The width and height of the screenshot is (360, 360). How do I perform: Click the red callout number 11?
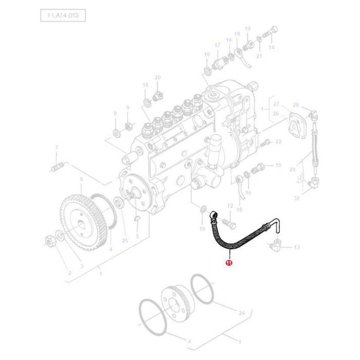pyautogui.click(x=229, y=263)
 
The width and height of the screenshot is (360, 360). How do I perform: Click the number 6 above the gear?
pyautogui.click(x=81, y=179)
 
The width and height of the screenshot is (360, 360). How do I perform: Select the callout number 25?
pyautogui.click(x=124, y=241)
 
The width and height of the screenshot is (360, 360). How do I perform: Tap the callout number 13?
pyautogui.click(x=296, y=247)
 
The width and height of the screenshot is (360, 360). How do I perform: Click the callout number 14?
pyautogui.click(x=272, y=47)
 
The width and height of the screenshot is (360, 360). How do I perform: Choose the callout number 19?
pyautogui.click(x=247, y=29)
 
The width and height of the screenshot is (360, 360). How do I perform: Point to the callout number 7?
pyautogui.click(x=57, y=148)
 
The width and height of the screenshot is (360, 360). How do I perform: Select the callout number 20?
pyautogui.click(x=158, y=78)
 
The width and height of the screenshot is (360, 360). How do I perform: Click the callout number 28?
pyautogui.click(x=296, y=105)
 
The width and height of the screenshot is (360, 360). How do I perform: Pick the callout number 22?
pyautogui.click(x=278, y=141)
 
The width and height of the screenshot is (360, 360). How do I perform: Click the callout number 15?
pyautogui.click(x=278, y=165)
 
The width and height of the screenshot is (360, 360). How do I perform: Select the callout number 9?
pyautogui.click(x=128, y=108)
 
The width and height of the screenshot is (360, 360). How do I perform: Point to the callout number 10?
pyautogui.click(x=202, y=228)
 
